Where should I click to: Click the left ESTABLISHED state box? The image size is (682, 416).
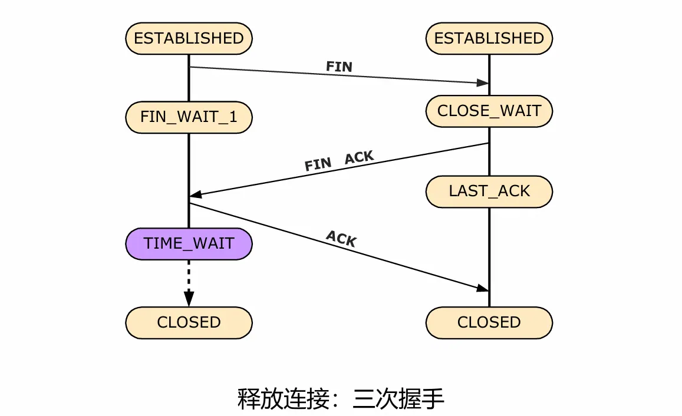pos(189,38)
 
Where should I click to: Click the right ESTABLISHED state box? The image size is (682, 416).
pos(489,38)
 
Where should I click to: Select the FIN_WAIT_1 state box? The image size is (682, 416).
pos(189,117)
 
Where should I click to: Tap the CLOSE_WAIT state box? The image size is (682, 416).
pos(489,111)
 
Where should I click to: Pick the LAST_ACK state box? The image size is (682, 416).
pos(489,191)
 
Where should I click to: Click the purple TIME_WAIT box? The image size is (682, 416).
pos(189,243)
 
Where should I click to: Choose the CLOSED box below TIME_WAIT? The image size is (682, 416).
pos(189,322)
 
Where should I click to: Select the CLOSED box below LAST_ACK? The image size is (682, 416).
pos(489,322)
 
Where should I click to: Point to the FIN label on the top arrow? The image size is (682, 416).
pos(339,67)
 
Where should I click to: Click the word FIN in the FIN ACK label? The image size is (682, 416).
pos(318,164)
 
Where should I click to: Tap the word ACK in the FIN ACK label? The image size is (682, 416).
pos(359,157)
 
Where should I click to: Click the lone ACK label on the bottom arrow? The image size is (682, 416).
pos(341,239)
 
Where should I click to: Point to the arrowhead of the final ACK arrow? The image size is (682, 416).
pos(483,288)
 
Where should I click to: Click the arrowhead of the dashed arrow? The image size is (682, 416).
pos(189,298)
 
